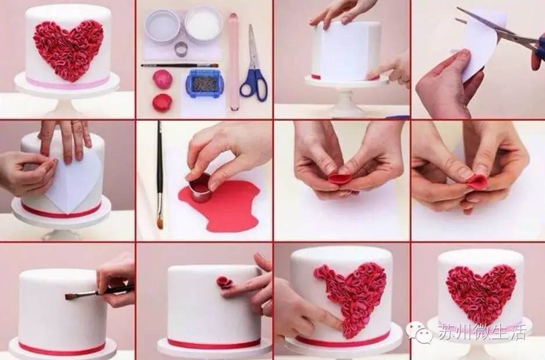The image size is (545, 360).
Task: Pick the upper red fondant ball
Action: pyautogui.click(x=162, y=79)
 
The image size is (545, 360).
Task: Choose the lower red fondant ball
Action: pyautogui.click(x=162, y=102)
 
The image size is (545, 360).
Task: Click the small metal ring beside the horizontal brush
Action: pyautogui.click(x=181, y=49)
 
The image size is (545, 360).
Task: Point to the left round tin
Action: pyautogui.click(x=162, y=26)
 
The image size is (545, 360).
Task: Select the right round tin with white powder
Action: pyautogui.click(x=203, y=24)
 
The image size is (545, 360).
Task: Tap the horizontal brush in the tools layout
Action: pyautogui.click(x=180, y=65)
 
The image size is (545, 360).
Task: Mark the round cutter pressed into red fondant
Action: pyautogui.click(x=200, y=187)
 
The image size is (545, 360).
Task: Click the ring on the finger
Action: pyautogui.click(x=76, y=123)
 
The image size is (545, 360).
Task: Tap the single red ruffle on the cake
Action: pyautogui.click(x=224, y=283)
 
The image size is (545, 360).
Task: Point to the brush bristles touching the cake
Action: pyautogui.click(x=70, y=296)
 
